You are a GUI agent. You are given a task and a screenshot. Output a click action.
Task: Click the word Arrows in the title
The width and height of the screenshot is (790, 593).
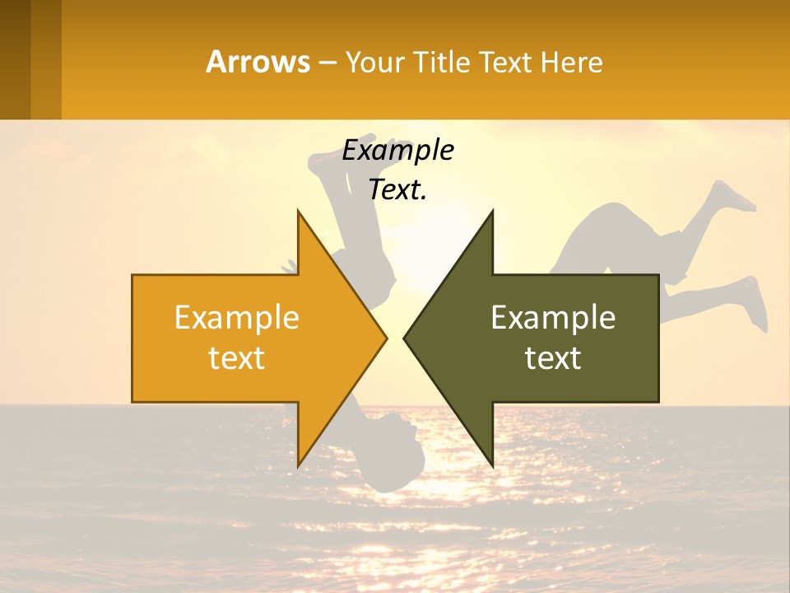(258, 62)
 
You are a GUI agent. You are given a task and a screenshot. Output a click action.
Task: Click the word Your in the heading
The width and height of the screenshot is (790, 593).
(375, 62)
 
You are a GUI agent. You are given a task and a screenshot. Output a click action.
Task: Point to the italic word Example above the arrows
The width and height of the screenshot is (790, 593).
(397, 150)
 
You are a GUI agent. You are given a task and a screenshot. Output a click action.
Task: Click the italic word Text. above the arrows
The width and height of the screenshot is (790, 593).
(397, 189)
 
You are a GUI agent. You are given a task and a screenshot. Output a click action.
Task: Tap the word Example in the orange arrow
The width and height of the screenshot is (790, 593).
(236, 317)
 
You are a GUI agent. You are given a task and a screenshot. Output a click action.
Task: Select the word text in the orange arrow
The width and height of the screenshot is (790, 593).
(236, 358)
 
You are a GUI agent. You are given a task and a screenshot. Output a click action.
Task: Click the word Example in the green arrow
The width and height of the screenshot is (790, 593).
(553, 317)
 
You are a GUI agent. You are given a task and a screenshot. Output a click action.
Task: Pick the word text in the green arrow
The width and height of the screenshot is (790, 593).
(553, 358)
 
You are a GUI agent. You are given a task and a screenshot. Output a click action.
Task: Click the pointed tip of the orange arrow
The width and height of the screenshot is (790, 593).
(385, 338)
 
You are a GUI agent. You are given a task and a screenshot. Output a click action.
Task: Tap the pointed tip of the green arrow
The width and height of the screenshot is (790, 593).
(405, 338)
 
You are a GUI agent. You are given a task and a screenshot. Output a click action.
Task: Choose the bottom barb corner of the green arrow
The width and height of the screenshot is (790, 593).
(492, 465)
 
